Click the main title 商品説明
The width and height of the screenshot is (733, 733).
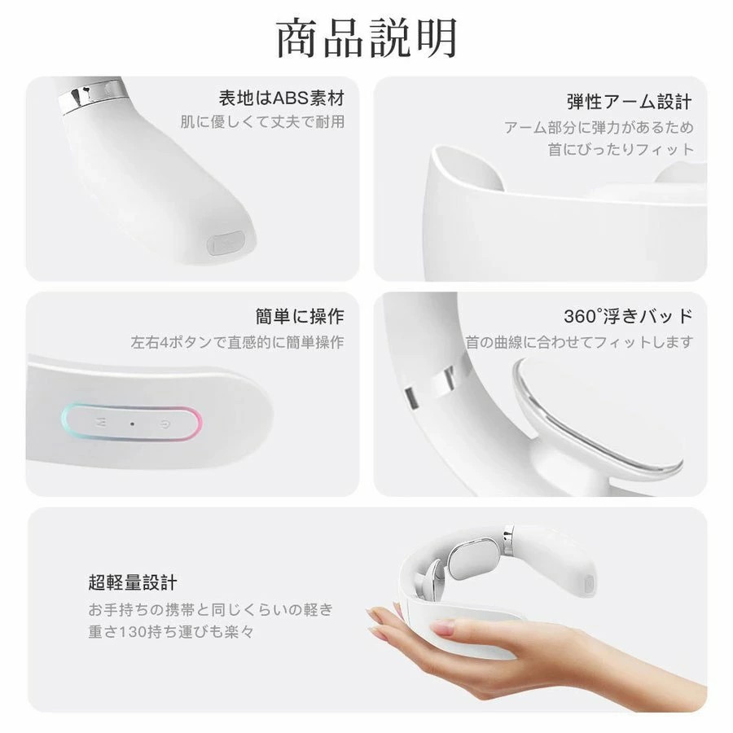click(x=366, y=38)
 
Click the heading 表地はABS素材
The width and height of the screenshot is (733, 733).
click(x=282, y=99)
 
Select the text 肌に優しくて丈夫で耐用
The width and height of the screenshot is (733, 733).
click(x=263, y=122)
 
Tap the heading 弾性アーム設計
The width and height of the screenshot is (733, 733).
click(x=630, y=102)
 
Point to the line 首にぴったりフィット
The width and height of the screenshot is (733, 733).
click(x=621, y=150)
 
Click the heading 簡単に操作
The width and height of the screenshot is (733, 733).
click(x=300, y=317)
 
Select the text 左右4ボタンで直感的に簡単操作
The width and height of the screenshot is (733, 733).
click(x=238, y=342)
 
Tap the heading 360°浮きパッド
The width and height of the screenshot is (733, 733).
click(x=628, y=317)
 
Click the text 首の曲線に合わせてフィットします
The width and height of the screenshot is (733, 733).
click(x=580, y=342)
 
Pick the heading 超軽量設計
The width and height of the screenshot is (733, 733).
click(x=133, y=582)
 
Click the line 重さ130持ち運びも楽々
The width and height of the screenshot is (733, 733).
click(x=171, y=632)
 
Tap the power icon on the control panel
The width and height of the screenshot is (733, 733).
click(x=164, y=424)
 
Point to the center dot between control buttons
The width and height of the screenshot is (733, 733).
click(x=132, y=424)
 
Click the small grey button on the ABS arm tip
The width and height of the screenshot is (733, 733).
click(x=226, y=243)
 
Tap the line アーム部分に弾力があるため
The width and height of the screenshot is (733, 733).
click(x=599, y=127)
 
